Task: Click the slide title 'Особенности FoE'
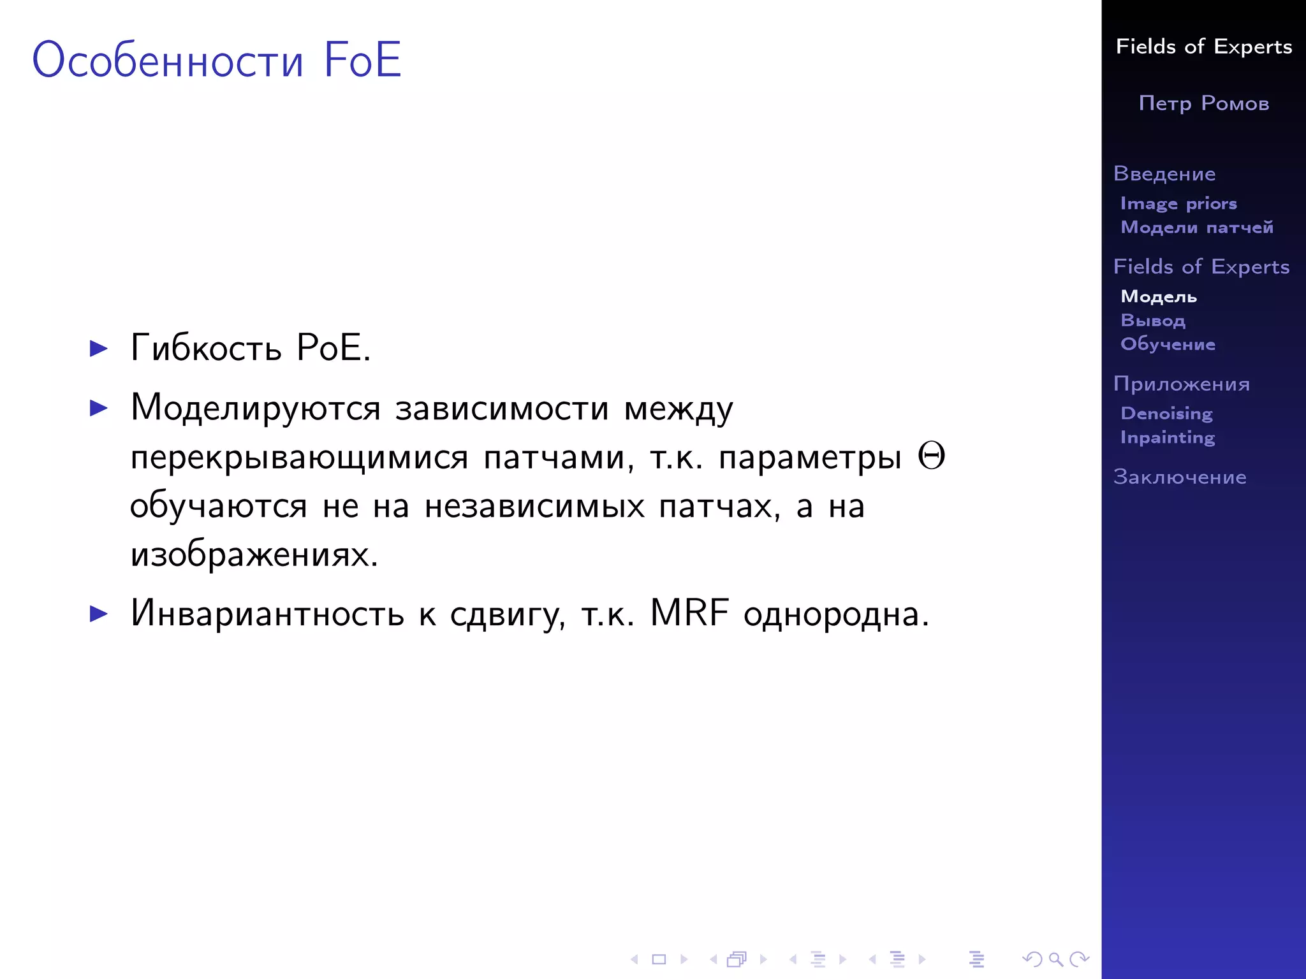(217, 60)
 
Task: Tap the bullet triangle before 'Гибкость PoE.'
(99, 349)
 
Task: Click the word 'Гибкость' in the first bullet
(206, 349)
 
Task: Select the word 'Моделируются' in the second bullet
(256, 408)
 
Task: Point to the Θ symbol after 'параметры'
(931, 456)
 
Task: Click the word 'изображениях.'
(254, 555)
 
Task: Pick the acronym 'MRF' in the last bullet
(689, 613)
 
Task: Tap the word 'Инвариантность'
(267, 613)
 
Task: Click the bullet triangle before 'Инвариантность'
(99, 614)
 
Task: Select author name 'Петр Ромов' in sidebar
(1203, 103)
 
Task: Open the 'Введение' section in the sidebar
(1164, 173)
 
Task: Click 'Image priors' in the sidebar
(1178, 203)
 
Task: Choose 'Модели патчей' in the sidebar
(1197, 228)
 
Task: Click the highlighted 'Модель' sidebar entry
(1159, 297)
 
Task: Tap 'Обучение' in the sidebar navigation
(1168, 344)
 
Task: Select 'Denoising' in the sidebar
(1166, 414)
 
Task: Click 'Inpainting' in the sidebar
(1168, 437)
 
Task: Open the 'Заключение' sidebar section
(1180, 477)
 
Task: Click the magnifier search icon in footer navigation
(1055, 959)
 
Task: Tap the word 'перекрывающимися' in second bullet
(299, 457)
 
